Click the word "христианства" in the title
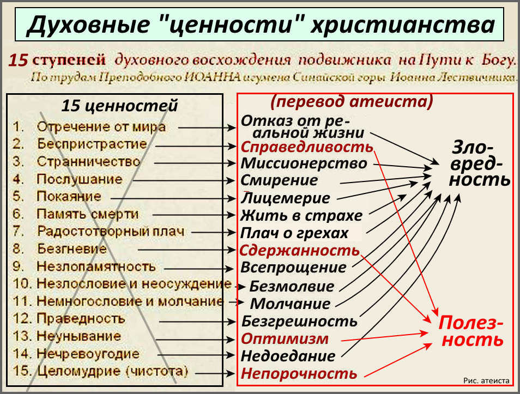(x=402, y=25)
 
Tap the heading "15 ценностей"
(x=120, y=106)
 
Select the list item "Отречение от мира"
(x=101, y=126)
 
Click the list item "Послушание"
(x=80, y=179)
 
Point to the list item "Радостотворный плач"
(x=111, y=231)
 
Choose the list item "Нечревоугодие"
(x=88, y=354)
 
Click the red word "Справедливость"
(x=307, y=147)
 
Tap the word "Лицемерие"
(x=285, y=198)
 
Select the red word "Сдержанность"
(x=299, y=250)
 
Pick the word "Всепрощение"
(x=293, y=268)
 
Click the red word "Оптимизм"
(x=285, y=338)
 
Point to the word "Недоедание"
(x=288, y=356)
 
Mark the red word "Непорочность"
(x=299, y=373)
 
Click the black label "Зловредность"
(x=480, y=163)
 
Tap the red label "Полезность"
(x=471, y=331)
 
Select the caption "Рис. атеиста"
(x=486, y=381)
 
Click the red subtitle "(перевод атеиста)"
(x=352, y=101)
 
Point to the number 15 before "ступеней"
(x=18, y=60)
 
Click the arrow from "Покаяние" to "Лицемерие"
(x=173, y=199)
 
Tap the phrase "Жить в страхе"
(x=301, y=216)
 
